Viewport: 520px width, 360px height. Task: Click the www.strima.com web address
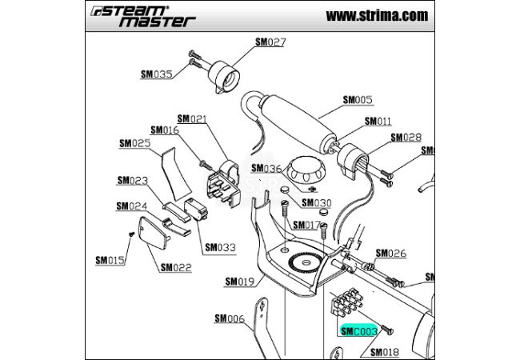377,15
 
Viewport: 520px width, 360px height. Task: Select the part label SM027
270,42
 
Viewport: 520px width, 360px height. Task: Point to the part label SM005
358,100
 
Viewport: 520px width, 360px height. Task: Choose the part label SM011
378,122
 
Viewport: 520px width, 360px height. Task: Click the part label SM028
406,138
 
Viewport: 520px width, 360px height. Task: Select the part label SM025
134,143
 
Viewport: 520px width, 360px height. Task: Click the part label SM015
110,260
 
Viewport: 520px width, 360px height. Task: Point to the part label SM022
176,267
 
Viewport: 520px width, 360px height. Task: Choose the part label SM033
220,247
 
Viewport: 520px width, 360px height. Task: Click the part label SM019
239,281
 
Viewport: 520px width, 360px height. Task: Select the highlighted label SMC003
358,330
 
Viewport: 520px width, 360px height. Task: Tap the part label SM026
391,254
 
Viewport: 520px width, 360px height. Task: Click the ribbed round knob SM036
306,167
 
